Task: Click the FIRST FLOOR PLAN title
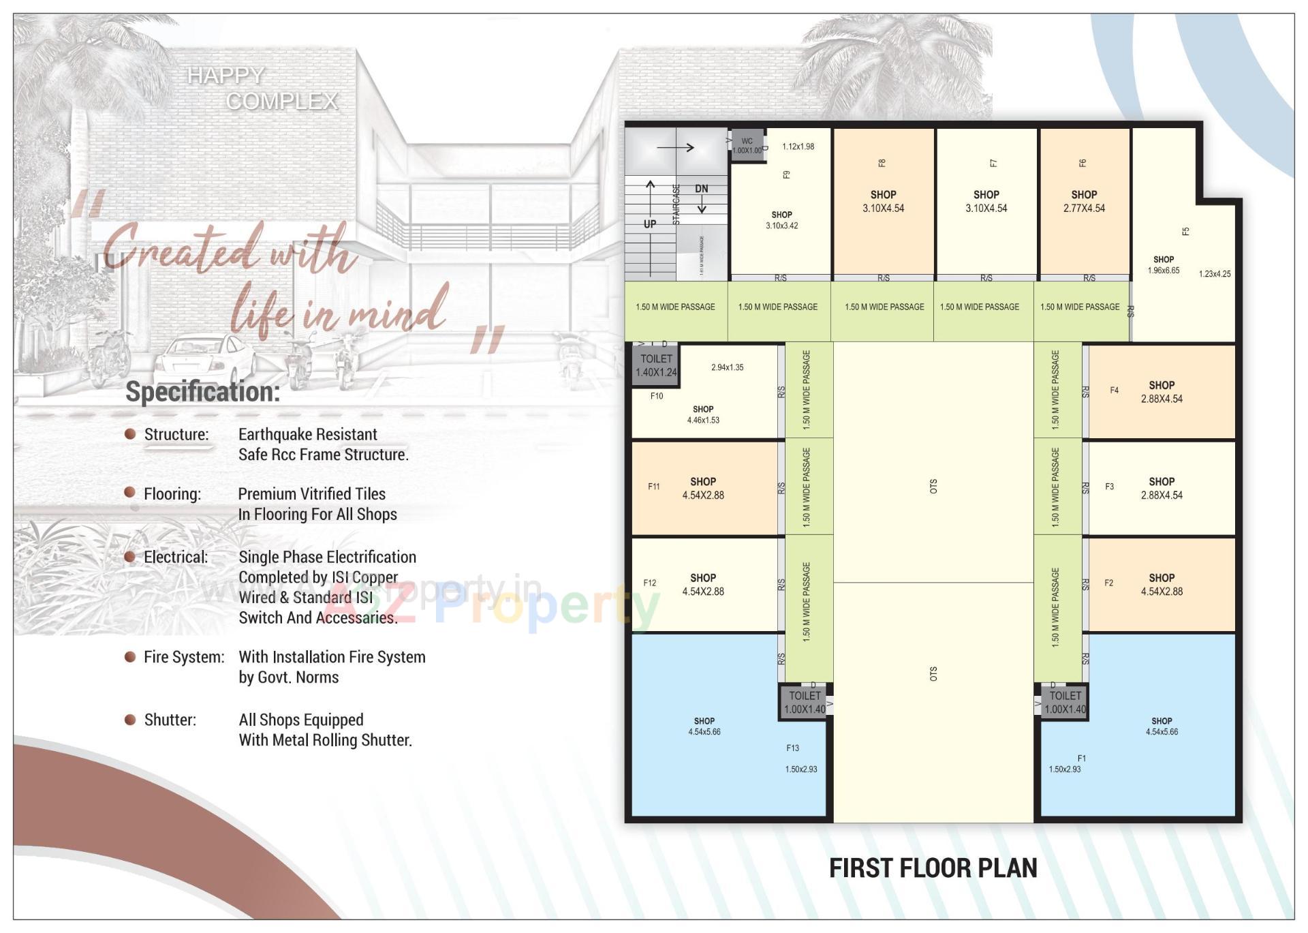[x=933, y=868]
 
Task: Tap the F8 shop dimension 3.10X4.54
[x=883, y=209]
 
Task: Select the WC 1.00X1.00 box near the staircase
[x=747, y=146]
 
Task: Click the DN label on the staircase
[x=701, y=189]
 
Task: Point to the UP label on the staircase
[x=650, y=224]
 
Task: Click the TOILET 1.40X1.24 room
[x=655, y=366]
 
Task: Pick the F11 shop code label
[x=653, y=487]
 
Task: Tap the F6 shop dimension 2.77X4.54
[x=1084, y=209]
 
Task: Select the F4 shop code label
[x=1114, y=391]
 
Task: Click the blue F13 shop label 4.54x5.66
[x=704, y=726]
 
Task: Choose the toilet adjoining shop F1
[x=1065, y=702]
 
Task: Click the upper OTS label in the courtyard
[x=933, y=486]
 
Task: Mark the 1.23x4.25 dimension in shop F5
[x=1214, y=274]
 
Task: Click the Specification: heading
[x=202, y=392]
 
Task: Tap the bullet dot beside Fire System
[x=130, y=656]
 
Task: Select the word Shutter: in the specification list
[x=170, y=720]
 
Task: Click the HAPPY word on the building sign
[x=225, y=75]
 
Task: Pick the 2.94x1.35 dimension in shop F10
[x=727, y=367]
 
